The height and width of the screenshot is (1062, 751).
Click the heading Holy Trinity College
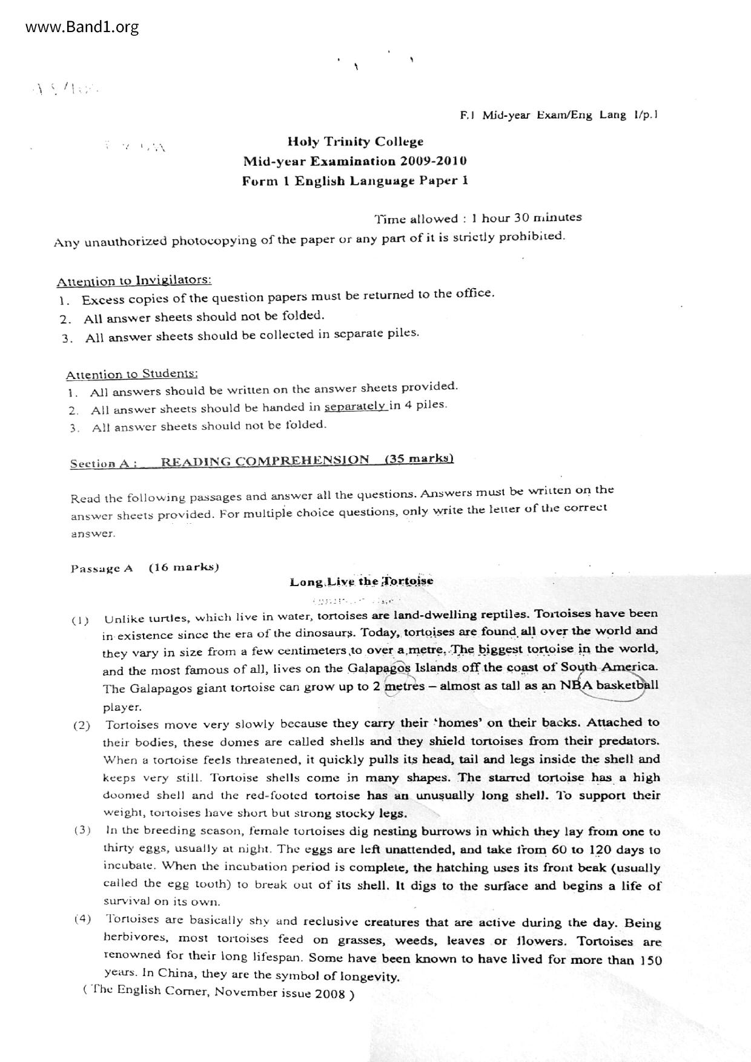tap(356, 142)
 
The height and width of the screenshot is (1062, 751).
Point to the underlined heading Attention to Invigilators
tap(134, 281)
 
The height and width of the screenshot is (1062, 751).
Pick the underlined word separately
tap(356, 406)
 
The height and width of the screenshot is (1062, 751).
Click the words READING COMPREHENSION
tap(265, 461)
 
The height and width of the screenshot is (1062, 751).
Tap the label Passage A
tap(102, 569)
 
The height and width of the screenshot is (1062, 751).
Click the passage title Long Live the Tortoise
tap(361, 582)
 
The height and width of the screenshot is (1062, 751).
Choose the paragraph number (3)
tap(83, 830)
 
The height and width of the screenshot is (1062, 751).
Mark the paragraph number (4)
tap(83, 919)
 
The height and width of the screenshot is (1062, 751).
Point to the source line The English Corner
tap(218, 993)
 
